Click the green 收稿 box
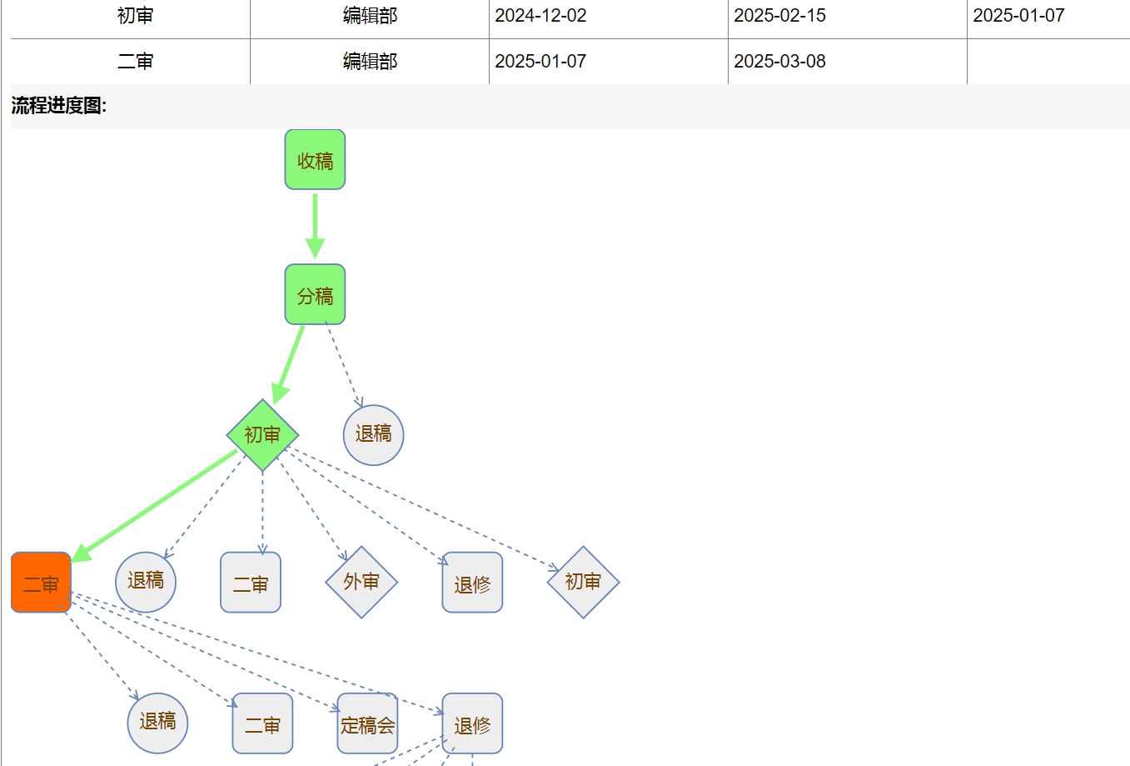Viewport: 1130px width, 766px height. point(315,159)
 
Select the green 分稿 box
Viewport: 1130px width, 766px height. point(315,294)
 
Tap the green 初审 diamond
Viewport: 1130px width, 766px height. point(262,435)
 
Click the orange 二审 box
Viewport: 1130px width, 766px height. point(41,583)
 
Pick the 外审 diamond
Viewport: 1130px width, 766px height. point(361,582)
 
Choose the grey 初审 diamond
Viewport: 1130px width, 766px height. point(583,582)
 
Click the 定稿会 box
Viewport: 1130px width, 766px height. point(367,723)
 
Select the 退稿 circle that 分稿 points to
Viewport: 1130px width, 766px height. point(373,434)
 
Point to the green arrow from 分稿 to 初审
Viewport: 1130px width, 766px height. point(290,363)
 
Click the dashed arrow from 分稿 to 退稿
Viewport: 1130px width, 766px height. point(343,363)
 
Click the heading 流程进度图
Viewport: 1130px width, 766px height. point(59,106)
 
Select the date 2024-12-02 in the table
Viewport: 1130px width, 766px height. point(540,16)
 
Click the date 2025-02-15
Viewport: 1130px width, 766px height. point(779,16)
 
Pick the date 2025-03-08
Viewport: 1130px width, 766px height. point(779,62)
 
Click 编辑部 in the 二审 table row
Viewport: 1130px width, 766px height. point(370,62)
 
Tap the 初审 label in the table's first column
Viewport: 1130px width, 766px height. point(135,16)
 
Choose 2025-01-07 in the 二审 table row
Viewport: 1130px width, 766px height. point(540,62)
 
